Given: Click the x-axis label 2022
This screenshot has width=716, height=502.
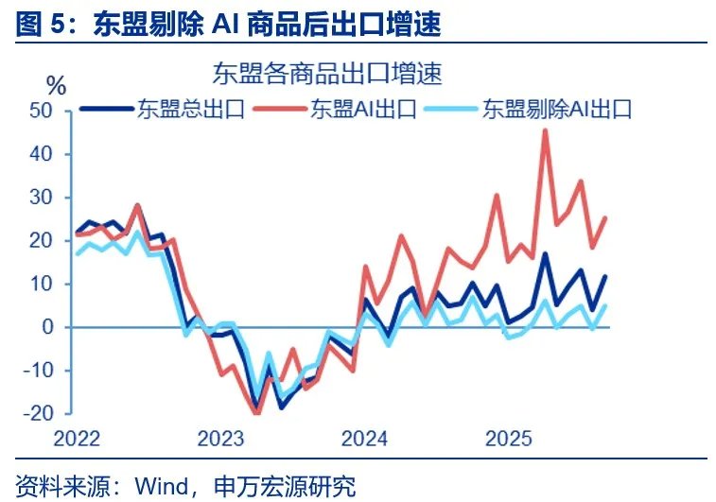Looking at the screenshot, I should tap(78, 439).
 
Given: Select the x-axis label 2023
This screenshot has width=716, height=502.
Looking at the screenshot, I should tap(220, 439).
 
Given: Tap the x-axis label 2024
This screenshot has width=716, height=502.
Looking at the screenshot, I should tap(364, 439).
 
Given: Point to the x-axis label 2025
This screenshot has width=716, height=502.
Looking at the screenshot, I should tap(508, 439).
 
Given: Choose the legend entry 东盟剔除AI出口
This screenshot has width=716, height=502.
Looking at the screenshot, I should tap(556, 109).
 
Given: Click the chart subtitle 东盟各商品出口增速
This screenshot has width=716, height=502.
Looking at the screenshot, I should tap(326, 72).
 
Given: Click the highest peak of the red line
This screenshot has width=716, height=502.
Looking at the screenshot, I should tap(545, 130).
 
